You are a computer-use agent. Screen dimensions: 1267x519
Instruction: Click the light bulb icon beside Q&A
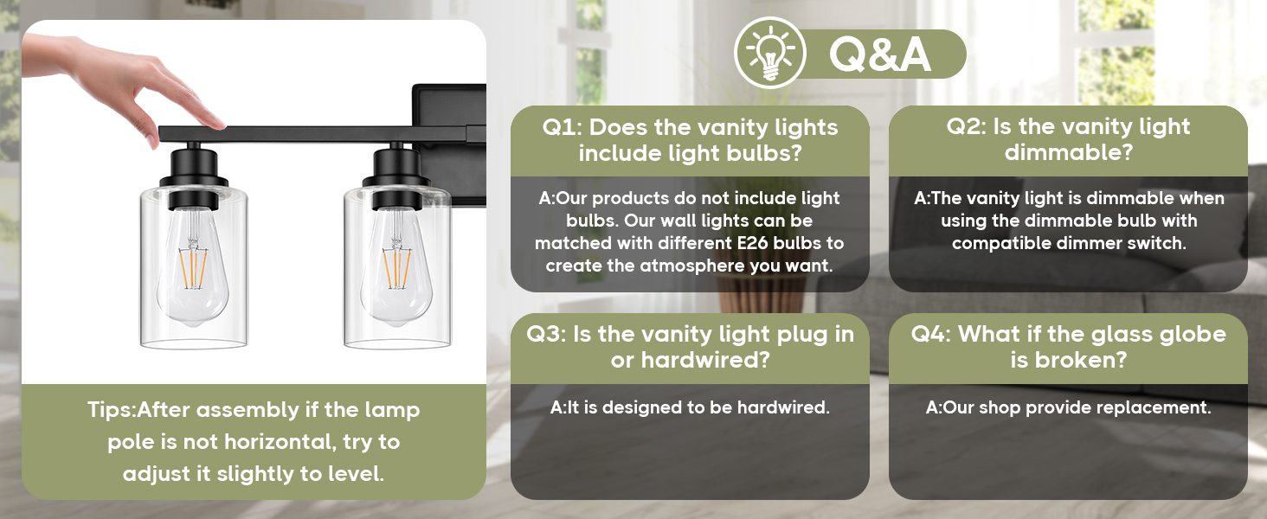[x=770, y=53]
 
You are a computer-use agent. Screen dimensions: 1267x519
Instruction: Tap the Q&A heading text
[x=880, y=54]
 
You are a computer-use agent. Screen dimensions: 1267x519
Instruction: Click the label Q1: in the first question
[x=562, y=127]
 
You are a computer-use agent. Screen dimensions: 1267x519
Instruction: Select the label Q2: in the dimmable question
[x=967, y=126]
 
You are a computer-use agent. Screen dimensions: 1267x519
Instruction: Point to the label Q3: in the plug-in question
[x=546, y=334]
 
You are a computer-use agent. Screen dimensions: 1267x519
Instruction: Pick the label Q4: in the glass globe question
[x=931, y=334]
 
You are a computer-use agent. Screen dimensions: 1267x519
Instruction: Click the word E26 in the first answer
[x=752, y=243]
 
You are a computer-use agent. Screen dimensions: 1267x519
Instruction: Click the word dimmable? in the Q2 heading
[x=1069, y=152]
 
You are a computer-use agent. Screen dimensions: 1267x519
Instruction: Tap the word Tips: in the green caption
[x=112, y=410]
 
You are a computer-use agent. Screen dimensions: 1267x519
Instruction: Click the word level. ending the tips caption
[x=357, y=474]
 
